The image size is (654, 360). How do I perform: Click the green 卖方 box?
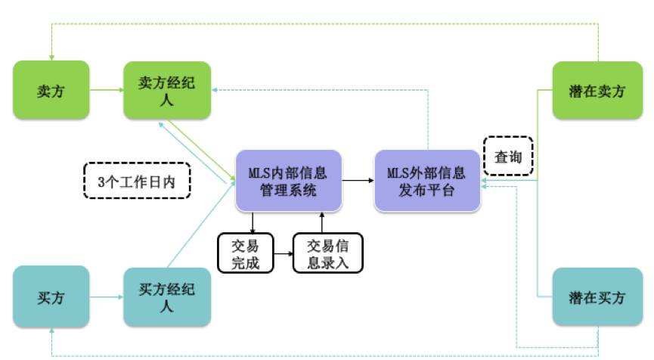pos(51,90)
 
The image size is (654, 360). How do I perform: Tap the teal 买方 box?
pos(51,297)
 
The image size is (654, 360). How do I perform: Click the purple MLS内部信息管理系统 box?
pos(288,180)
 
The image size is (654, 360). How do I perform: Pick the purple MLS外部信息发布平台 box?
pos(427,180)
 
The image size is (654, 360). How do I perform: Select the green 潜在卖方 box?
pos(597,90)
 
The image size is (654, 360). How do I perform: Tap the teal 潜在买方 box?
pos(597,297)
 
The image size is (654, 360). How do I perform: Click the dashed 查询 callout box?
pos(508,157)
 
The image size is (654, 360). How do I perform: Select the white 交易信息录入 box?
pos(327,253)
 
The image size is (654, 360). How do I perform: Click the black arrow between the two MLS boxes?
pos(358,180)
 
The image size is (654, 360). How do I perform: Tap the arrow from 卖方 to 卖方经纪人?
pos(107,90)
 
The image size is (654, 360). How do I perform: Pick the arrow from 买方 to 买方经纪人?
pos(107,297)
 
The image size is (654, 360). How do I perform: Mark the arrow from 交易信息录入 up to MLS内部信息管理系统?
pos(322,222)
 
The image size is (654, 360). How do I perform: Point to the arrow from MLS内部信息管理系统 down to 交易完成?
pos(252,222)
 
